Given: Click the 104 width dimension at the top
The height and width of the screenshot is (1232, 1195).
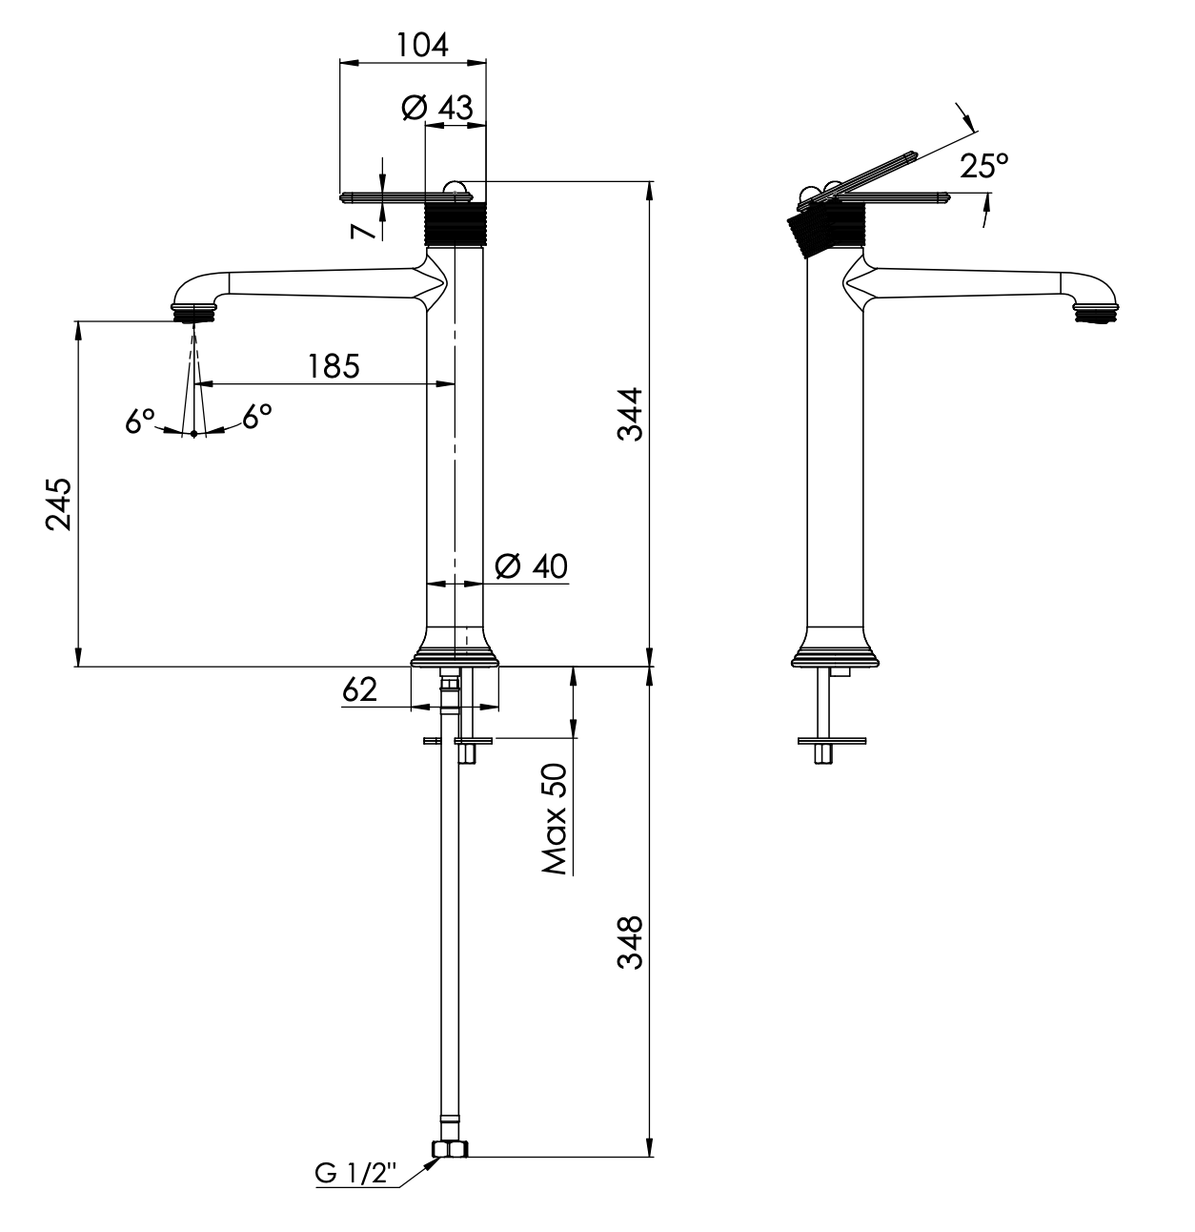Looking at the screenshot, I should pyautogui.click(x=423, y=44).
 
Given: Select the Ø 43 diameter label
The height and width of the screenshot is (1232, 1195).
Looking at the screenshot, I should pyautogui.click(x=437, y=108).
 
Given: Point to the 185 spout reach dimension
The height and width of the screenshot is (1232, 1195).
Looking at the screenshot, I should pyautogui.click(x=334, y=365).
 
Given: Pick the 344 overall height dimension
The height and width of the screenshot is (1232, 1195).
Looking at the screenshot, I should pyautogui.click(x=629, y=414).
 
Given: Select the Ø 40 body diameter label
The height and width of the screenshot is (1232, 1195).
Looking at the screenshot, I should pyautogui.click(x=532, y=566).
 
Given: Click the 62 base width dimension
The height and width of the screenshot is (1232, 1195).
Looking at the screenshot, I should pyautogui.click(x=360, y=689).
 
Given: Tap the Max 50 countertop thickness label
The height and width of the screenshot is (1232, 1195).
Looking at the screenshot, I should pyautogui.click(x=555, y=819).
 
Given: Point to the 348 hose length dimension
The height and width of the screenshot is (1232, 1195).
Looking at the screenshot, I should pyautogui.click(x=629, y=942).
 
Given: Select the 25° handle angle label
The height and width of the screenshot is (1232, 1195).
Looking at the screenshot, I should pyautogui.click(x=983, y=167).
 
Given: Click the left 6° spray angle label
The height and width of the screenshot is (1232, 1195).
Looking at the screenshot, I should pyautogui.click(x=140, y=420).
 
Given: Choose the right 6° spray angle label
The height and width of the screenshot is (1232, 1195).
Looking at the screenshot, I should pyautogui.click(x=256, y=415).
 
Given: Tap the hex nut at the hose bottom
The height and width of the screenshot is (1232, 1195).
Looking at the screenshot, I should pyautogui.click(x=450, y=1150).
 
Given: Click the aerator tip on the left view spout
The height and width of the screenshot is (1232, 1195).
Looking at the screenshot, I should pyautogui.click(x=193, y=313).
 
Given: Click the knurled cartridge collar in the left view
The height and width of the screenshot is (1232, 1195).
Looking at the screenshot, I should pyautogui.click(x=455, y=225).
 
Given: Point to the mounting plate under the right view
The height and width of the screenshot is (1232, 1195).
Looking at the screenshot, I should pyautogui.click(x=832, y=739).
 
